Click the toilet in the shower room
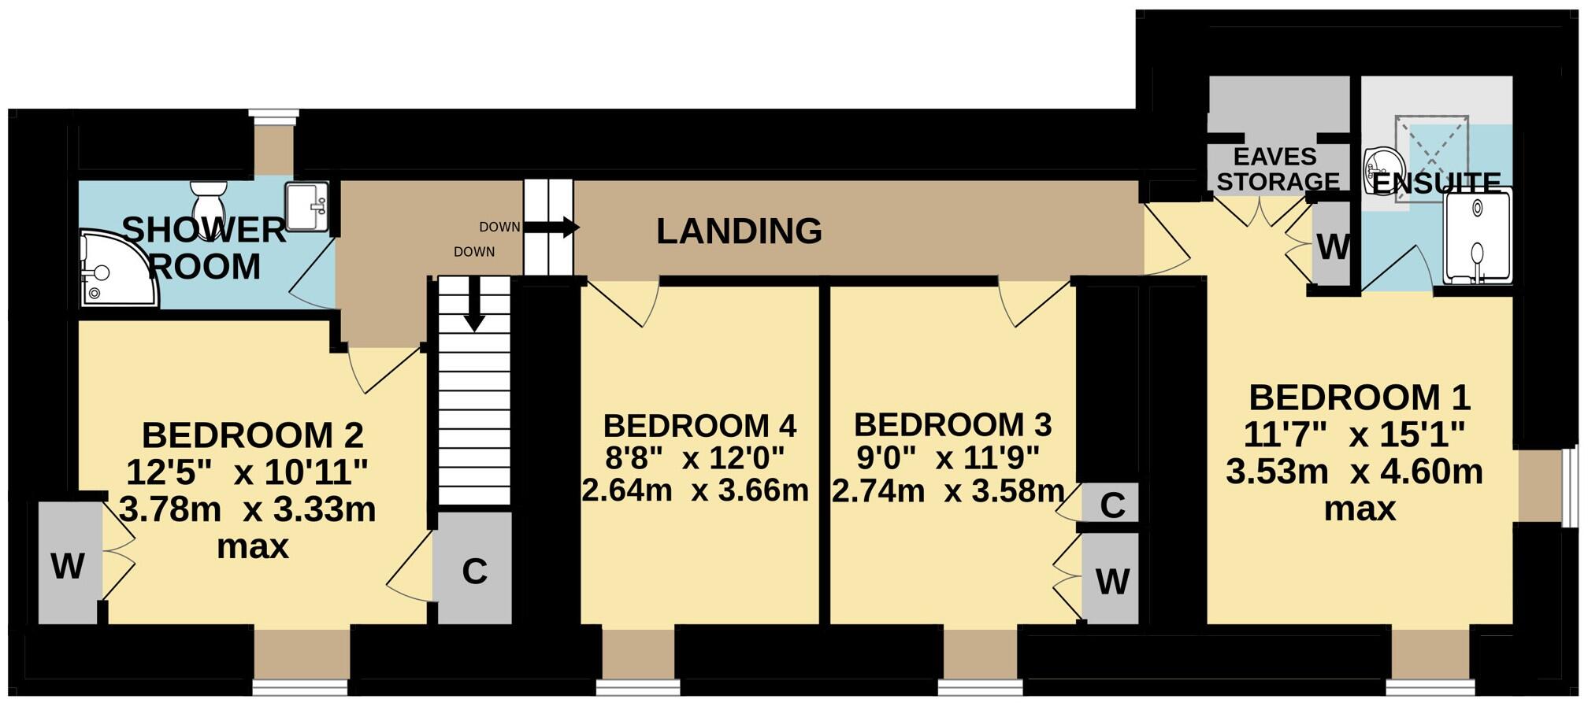click(x=209, y=199)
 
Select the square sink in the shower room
click(x=306, y=206)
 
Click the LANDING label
click(x=739, y=231)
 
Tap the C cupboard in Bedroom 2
click(x=473, y=570)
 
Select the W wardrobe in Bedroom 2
click(x=69, y=564)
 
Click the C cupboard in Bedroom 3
click(x=1111, y=505)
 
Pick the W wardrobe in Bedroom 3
click(x=1111, y=581)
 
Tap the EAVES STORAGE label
click(x=1277, y=168)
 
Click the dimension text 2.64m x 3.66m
click(x=695, y=490)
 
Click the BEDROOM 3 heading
click(x=952, y=425)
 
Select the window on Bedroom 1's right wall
click(x=1568, y=487)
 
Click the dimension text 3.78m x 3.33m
click(x=247, y=509)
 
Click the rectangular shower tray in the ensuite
click(x=1477, y=236)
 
